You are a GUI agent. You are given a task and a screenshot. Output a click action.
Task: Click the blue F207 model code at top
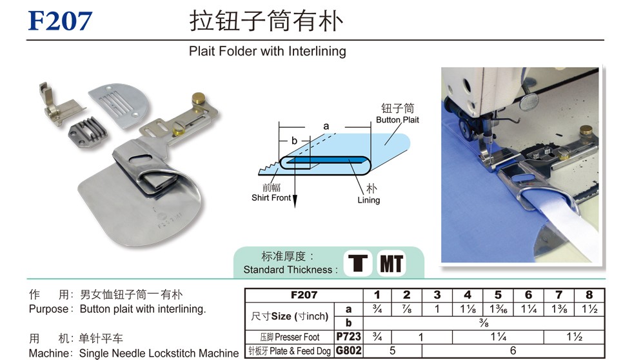60,21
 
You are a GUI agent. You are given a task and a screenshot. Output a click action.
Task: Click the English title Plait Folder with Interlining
267,51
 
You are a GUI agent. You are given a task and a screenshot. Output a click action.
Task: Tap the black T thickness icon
357,263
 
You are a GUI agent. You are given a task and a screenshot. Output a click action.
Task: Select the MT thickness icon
391,264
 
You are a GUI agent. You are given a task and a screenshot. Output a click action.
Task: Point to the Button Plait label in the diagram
397,120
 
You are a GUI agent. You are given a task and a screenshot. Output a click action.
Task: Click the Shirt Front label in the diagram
271,197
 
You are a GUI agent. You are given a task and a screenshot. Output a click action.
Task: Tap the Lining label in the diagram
369,200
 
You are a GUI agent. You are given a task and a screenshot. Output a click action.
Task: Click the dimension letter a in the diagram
326,126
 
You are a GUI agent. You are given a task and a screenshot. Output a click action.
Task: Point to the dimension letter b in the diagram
294,140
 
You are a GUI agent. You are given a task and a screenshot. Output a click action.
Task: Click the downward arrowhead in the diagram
295,201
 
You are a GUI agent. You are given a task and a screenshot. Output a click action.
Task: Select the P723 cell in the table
348,337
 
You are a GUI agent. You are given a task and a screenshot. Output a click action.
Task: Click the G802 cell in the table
348,350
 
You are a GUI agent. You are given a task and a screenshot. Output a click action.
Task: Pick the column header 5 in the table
498,295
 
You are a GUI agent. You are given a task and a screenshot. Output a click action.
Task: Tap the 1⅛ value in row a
468,309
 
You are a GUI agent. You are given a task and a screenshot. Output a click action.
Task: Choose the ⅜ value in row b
484,323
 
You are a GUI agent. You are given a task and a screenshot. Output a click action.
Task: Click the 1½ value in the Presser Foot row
574,337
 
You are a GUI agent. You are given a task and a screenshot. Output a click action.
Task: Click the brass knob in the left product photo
198,97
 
